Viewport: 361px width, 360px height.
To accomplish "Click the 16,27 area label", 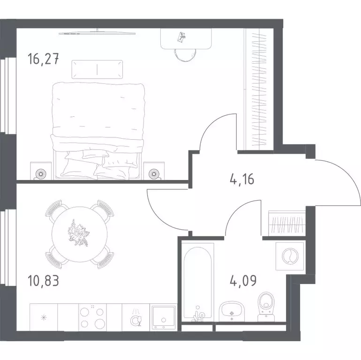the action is (x=43, y=59).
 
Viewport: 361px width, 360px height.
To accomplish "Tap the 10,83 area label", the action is (x=43, y=281).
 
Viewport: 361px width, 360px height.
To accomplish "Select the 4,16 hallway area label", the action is (x=242, y=179).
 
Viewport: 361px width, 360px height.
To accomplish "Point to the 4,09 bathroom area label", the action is (x=243, y=281).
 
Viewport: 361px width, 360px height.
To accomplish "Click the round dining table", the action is (x=79, y=234).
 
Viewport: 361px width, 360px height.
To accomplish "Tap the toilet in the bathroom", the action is (x=266, y=307).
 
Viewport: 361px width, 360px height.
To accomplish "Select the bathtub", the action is (x=198, y=282).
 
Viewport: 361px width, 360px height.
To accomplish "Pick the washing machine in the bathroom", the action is (x=290, y=256).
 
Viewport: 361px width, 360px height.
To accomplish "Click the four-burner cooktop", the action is (x=92, y=318).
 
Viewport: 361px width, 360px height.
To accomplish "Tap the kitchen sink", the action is (x=164, y=318).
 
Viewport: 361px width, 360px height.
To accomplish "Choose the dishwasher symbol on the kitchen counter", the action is (x=136, y=318).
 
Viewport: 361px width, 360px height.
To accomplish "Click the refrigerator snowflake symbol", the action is (x=44, y=318).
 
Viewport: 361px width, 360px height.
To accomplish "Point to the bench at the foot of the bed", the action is (x=97, y=69).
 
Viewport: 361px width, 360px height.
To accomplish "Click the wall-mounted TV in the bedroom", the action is (x=97, y=33).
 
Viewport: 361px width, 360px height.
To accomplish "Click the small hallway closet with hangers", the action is (x=287, y=223).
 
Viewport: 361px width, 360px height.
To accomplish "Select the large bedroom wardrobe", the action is (x=258, y=89).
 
